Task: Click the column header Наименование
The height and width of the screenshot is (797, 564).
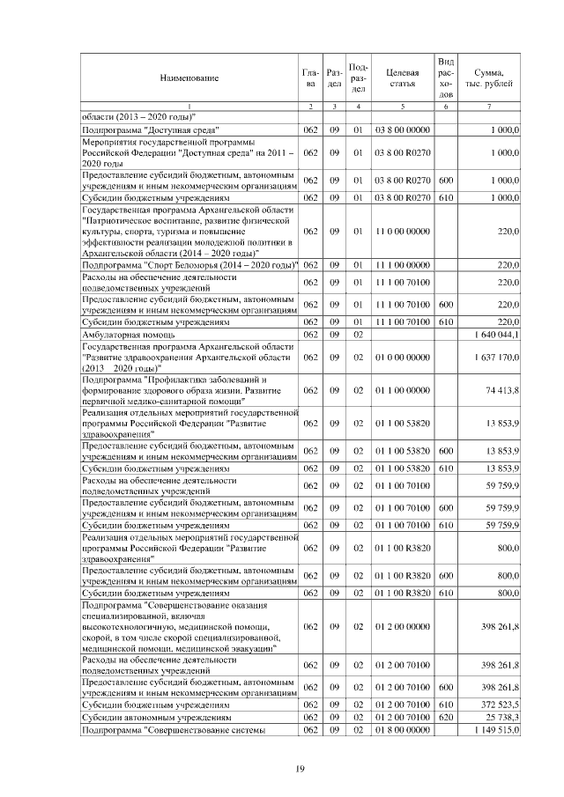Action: point(189,78)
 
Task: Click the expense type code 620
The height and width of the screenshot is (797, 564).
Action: point(446,718)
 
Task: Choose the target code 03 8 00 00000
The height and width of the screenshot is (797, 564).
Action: point(402,129)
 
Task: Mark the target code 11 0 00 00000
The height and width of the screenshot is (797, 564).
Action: point(402,232)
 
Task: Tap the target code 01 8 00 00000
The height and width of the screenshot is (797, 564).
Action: point(402,730)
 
